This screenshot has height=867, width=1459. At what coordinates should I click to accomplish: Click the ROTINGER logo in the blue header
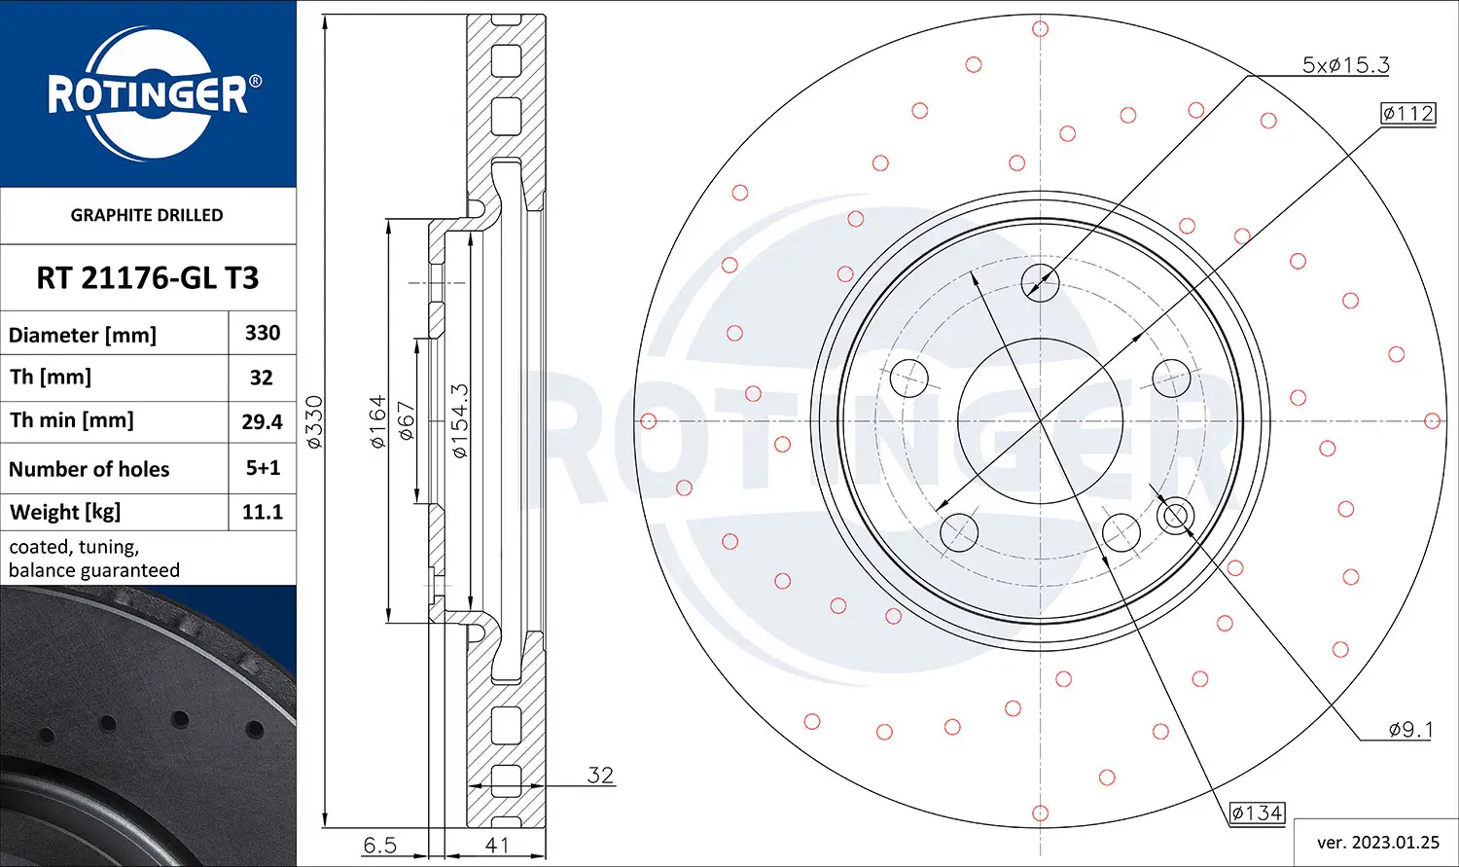pyautogui.click(x=149, y=94)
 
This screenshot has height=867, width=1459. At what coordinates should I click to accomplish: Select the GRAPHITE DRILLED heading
pyautogui.click(x=147, y=215)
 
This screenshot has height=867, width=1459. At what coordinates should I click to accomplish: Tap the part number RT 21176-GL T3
pyautogui.click(x=148, y=278)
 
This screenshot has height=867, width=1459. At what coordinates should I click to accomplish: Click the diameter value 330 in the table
pyautogui.click(x=263, y=333)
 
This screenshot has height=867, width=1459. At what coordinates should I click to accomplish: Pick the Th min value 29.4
pyautogui.click(x=263, y=421)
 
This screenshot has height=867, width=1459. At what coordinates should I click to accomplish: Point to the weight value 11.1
pyautogui.click(x=263, y=512)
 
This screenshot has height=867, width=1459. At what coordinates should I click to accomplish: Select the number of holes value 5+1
pyautogui.click(x=263, y=468)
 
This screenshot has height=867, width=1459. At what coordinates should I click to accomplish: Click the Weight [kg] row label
pyautogui.click(x=66, y=512)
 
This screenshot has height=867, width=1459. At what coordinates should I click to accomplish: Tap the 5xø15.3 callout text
pyautogui.click(x=1345, y=65)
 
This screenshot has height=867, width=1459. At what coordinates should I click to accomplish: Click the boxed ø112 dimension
pyautogui.click(x=1408, y=113)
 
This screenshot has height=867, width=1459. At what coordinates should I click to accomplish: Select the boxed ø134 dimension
pyautogui.click(x=1257, y=813)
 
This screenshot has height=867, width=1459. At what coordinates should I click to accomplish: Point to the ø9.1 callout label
pyautogui.click(x=1410, y=729)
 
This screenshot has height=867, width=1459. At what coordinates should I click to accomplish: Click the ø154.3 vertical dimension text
pyautogui.click(x=459, y=420)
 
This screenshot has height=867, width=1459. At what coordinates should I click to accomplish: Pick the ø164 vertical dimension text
pyautogui.click(x=377, y=420)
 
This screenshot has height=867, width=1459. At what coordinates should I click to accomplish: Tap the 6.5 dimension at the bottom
pyautogui.click(x=379, y=845)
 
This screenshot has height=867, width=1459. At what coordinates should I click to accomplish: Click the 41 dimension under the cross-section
pyautogui.click(x=497, y=845)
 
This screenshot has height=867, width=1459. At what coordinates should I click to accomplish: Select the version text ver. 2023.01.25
pyautogui.click(x=1377, y=842)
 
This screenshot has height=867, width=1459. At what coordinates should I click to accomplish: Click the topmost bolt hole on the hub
pyautogui.click(x=1040, y=283)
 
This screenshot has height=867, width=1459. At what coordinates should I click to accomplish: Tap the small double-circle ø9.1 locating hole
pyautogui.click(x=1176, y=514)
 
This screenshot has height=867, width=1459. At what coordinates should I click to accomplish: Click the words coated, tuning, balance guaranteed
pyautogui.click(x=94, y=559)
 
